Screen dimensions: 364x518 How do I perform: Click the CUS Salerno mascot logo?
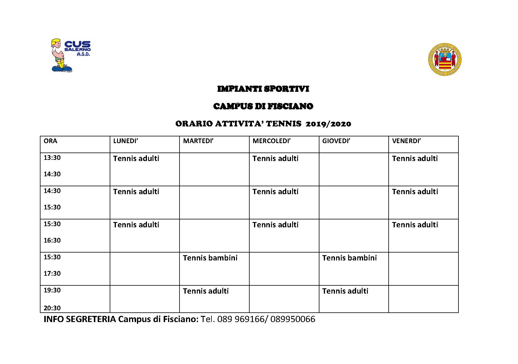(70, 55)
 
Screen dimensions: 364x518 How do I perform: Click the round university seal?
(445, 60)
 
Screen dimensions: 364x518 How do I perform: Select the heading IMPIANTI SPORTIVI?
(263, 89)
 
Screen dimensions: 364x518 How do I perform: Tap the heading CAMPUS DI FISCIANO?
(263, 106)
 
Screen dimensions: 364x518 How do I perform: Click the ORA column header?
(50, 141)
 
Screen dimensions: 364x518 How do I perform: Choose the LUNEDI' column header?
(126, 141)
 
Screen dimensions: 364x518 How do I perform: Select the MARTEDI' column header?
(198, 141)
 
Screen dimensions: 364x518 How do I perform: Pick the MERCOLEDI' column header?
(271, 141)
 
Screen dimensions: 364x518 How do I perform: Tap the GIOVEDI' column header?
(336, 141)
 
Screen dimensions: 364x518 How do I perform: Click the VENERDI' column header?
(406, 141)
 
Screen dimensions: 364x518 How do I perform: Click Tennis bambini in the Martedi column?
(210, 258)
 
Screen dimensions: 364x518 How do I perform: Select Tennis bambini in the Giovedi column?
(349, 258)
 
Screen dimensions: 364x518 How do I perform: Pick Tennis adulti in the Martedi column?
(206, 291)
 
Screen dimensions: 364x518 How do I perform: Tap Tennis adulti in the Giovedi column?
(345, 291)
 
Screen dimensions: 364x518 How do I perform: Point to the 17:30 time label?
(52, 273)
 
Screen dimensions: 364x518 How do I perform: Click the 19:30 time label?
(52, 290)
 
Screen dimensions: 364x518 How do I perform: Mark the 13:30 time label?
(52, 158)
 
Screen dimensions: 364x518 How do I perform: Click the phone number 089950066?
(293, 319)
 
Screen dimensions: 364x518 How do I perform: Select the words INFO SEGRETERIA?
(80, 319)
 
